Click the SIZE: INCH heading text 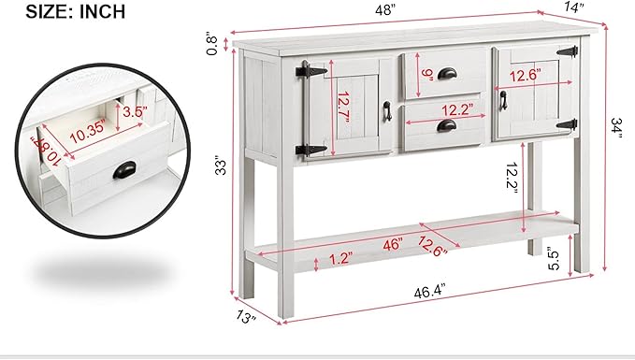pos(62,11)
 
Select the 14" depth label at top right pos(575,7)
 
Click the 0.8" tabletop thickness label pos(215,43)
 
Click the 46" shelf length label pos(392,245)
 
